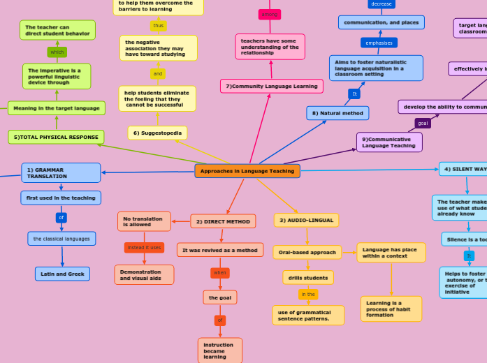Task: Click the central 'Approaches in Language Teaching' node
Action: tap(247, 171)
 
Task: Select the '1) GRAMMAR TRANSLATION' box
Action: tap(61, 173)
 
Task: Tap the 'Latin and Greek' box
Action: tap(62, 274)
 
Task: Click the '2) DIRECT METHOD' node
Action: tap(223, 221)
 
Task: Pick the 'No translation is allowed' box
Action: tap(144, 221)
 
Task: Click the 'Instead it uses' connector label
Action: tap(144, 247)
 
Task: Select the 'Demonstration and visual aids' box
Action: tap(144, 274)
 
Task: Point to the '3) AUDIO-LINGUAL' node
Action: tap(306, 220)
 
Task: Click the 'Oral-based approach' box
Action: tap(307, 252)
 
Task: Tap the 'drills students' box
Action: tap(308, 278)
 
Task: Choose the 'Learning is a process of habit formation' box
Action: tap(391, 309)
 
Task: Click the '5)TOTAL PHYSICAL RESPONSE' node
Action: tap(56, 137)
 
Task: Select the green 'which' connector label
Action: tap(57, 52)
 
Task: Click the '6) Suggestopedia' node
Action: tap(157, 133)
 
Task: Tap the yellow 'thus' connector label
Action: tap(159, 26)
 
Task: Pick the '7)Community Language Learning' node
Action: tap(272, 86)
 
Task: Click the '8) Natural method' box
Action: tap(337, 113)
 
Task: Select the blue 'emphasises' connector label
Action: tap(379, 43)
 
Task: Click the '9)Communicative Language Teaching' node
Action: tap(389, 142)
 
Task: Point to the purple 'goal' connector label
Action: tap(423, 123)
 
